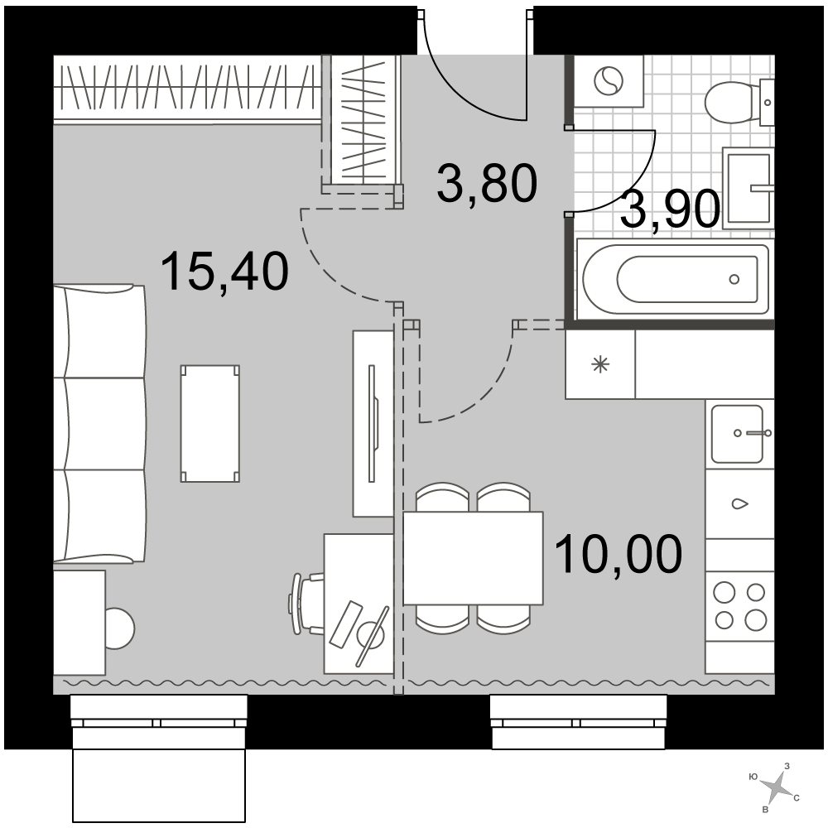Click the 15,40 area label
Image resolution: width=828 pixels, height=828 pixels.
coord(225,272)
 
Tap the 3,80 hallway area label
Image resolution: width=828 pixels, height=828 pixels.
coord(486,183)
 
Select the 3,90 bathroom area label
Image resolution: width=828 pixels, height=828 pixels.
coord(671,209)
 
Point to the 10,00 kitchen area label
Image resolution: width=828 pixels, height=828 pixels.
coord(619,553)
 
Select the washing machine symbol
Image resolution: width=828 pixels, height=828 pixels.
coord(609,81)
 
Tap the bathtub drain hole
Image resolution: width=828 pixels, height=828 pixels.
coord(734,279)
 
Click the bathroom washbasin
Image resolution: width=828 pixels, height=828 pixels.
coord(749,187)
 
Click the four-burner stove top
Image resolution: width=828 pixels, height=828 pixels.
coord(739,606)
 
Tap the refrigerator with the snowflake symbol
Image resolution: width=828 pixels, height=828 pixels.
coord(599,364)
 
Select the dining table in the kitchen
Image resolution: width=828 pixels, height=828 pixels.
coord(473,558)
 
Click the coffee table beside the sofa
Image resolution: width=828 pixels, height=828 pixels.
coord(210,423)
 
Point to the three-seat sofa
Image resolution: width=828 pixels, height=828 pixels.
coord(99,423)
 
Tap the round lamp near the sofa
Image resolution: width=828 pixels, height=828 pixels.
coord(119,628)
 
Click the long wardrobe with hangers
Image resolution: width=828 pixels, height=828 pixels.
coord(188,88)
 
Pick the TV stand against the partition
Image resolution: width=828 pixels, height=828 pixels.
coord(373,423)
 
